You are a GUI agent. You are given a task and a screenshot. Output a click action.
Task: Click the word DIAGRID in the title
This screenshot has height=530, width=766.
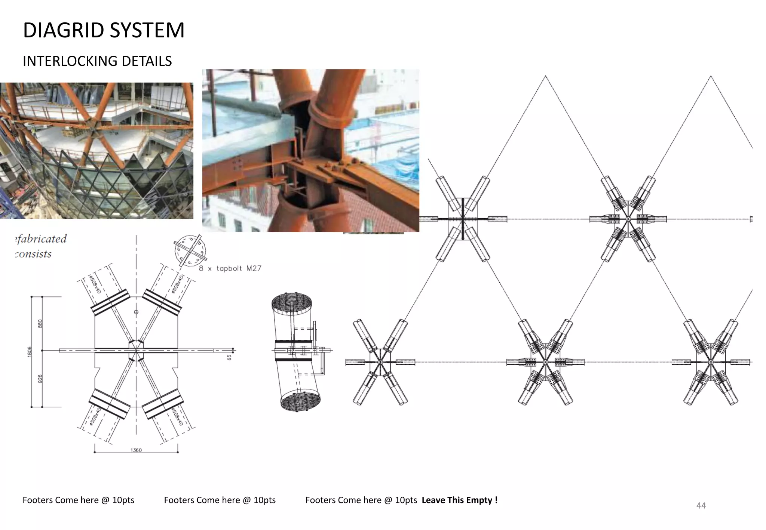(64, 30)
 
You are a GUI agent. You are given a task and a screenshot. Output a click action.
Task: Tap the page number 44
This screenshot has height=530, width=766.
(701, 506)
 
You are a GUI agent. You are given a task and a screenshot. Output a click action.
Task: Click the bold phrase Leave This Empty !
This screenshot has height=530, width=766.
(459, 500)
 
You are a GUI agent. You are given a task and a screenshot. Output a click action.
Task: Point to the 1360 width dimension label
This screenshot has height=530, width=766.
(136, 450)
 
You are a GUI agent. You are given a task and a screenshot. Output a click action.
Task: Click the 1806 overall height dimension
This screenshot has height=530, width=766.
(30, 352)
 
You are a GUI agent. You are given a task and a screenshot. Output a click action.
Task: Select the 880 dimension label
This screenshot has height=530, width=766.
(40, 324)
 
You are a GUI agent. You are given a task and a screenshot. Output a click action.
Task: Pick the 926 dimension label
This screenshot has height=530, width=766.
(40, 379)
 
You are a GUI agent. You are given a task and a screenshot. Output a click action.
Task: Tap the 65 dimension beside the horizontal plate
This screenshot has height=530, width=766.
(229, 357)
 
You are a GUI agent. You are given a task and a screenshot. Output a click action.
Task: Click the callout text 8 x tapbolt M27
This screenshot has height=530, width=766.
(230, 268)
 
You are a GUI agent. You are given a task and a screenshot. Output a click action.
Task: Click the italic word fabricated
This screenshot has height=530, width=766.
(41, 239)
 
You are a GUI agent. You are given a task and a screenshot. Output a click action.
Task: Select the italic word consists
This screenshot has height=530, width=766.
(34, 254)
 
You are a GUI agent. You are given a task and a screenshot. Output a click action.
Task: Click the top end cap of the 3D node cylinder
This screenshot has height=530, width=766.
(291, 302)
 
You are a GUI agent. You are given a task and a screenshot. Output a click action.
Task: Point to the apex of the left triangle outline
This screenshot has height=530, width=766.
(545, 76)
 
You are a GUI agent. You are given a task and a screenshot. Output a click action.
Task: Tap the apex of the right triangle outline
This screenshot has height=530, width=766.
(711, 76)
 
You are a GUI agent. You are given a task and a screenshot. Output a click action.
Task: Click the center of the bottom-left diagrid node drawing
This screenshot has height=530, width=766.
(380, 362)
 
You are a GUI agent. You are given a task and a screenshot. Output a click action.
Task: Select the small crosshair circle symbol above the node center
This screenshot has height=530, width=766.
(136, 312)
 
